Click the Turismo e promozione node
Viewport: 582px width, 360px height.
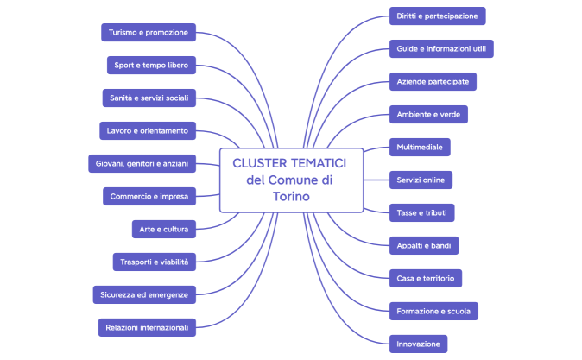coord(149,33)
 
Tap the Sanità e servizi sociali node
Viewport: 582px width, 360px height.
coord(149,98)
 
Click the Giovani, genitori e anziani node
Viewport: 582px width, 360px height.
coord(143,163)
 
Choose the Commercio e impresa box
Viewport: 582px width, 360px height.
coord(149,196)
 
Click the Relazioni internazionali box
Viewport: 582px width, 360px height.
coord(148,327)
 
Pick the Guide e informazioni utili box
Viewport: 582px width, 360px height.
coord(441,48)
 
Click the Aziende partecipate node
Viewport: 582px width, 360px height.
coord(433,81)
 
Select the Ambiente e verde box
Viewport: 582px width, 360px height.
coord(428,114)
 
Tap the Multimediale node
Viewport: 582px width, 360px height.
coord(420,147)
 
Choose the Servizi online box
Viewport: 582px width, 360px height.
coord(421,180)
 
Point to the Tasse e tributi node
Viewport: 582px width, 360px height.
coord(421,212)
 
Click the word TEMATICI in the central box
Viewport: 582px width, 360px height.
coord(314,163)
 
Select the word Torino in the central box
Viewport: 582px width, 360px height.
coord(290,197)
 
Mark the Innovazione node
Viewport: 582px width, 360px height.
coord(418,344)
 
